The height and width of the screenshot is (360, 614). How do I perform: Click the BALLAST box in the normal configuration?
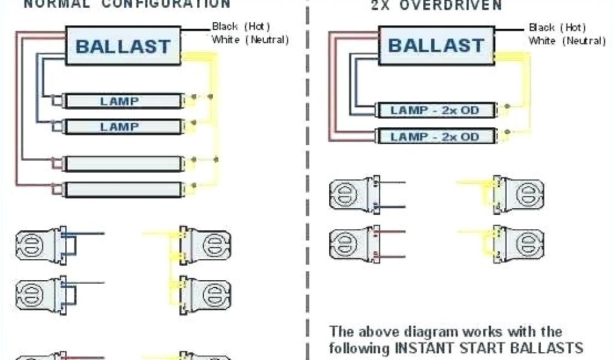123,46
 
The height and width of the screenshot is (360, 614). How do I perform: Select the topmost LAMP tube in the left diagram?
123,101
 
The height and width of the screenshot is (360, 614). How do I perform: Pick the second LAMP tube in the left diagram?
123,127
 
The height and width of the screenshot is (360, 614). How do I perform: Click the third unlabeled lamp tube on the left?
123,163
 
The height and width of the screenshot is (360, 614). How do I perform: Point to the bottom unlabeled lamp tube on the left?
123,190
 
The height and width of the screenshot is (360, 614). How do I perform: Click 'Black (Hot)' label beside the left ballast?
241,26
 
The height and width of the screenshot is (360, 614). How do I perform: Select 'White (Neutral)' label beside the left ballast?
250,40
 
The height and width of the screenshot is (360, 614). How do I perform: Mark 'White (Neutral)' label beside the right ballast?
567,41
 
